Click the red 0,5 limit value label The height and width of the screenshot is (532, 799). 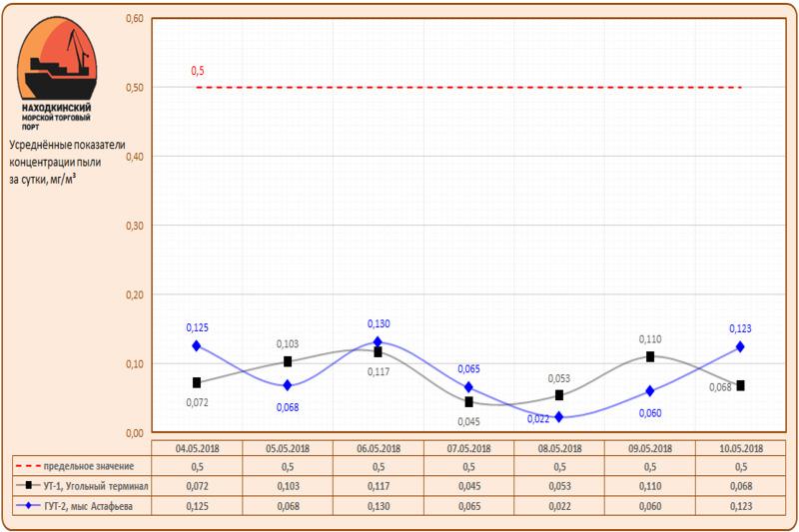197,71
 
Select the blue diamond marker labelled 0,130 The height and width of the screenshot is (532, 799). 378,342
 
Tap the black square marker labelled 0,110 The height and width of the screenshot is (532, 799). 650,356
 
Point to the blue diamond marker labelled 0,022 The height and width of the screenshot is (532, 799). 559,416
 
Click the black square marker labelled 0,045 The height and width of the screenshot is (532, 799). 468,401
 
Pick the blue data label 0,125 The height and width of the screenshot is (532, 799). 197,327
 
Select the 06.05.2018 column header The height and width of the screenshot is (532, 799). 378,448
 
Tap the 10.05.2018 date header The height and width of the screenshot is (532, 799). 740,448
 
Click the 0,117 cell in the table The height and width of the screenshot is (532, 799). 378,486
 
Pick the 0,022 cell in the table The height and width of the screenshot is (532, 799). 559,506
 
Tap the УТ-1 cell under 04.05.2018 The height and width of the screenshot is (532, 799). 197,486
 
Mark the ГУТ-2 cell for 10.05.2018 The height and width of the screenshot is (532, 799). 740,506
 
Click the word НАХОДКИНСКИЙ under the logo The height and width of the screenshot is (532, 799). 57,107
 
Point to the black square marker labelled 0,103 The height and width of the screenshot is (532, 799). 288,361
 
